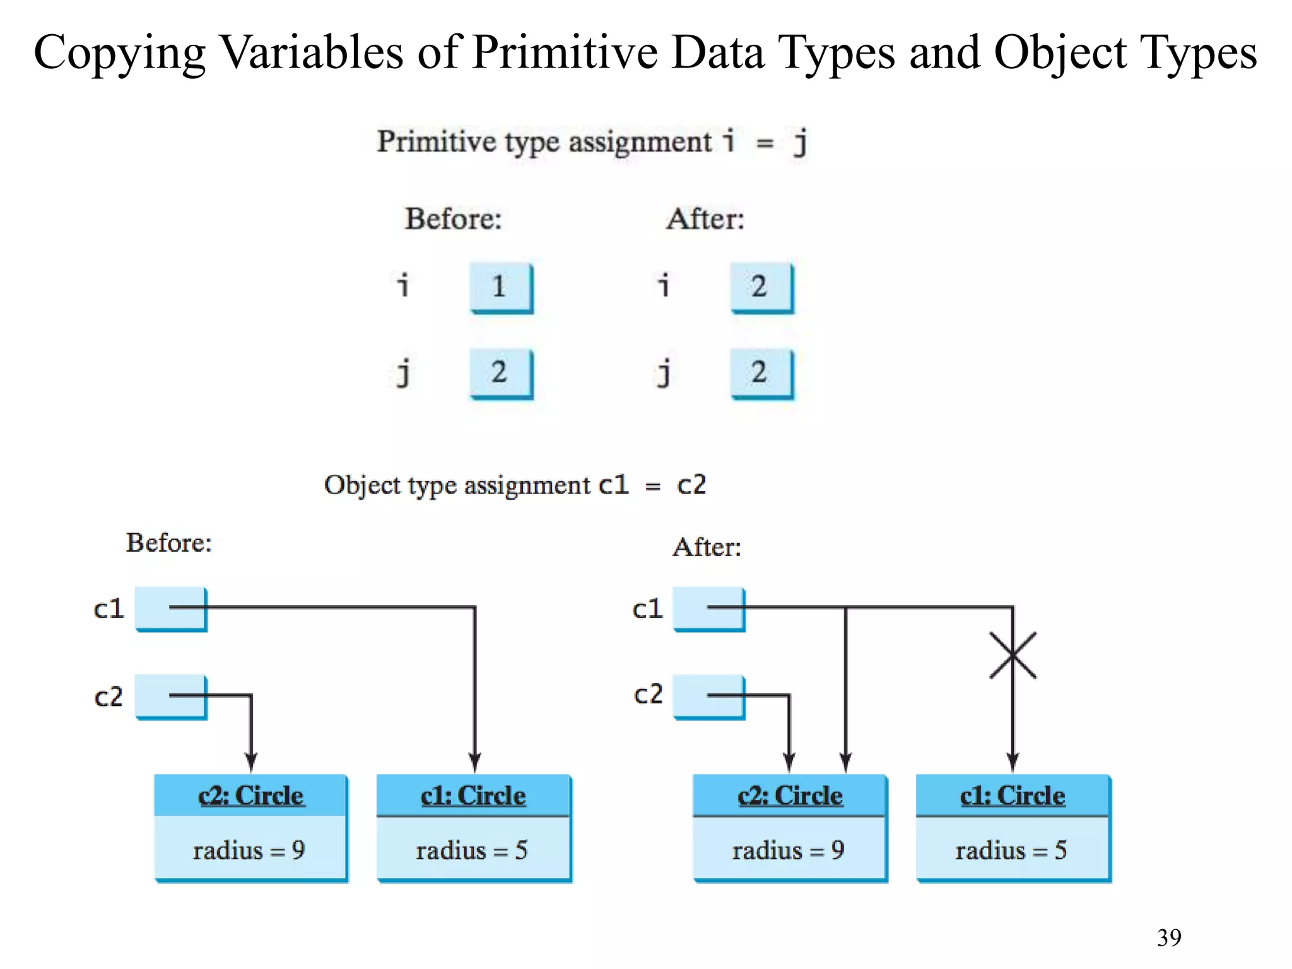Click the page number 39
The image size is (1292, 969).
click(1168, 937)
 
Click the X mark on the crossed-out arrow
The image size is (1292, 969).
click(1013, 655)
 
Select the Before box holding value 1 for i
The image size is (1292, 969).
click(501, 288)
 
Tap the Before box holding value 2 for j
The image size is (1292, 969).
click(501, 373)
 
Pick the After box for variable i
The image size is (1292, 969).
click(761, 288)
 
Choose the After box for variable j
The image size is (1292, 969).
click(761, 373)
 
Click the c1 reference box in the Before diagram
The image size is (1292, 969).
click(171, 609)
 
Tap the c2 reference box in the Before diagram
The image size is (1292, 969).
click(171, 696)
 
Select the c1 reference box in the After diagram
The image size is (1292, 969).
click(708, 609)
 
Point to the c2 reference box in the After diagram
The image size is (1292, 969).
click(708, 696)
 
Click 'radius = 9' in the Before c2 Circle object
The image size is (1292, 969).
click(249, 850)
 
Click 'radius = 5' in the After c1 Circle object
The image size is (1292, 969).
click(1011, 850)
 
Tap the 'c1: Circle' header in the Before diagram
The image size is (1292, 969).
click(473, 796)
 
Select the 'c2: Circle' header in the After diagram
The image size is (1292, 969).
click(790, 796)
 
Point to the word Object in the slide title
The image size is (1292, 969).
click(1060, 53)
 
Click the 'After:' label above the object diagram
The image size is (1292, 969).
click(707, 547)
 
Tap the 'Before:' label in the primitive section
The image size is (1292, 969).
click(453, 219)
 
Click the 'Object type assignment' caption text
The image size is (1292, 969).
click(457, 485)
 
